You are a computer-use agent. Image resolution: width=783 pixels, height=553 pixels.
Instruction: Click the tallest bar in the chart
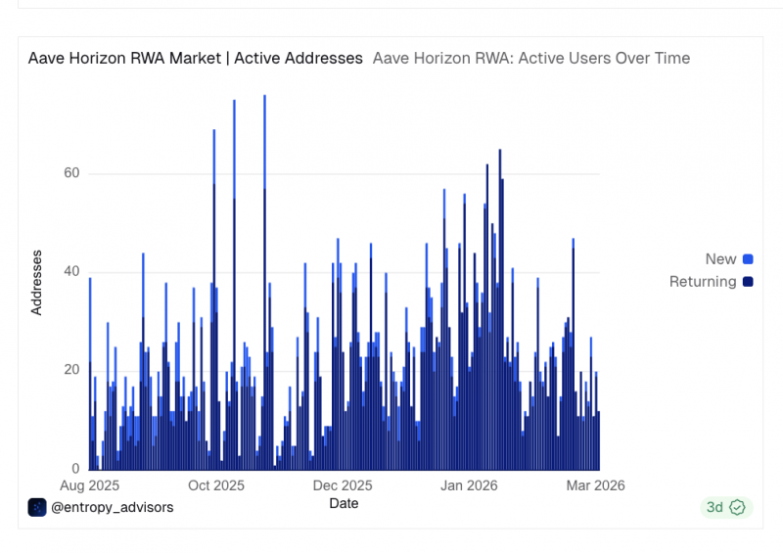pyautogui.click(x=264, y=282)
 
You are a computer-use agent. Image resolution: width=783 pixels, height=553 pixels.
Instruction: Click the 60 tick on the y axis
pyautogui.click(x=71, y=173)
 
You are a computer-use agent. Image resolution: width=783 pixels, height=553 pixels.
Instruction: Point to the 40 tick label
pyautogui.click(x=71, y=271)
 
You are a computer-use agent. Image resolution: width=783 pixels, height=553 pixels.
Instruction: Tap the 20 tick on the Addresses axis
pyautogui.click(x=71, y=370)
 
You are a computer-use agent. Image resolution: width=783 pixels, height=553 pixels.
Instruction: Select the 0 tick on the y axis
pyautogui.click(x=75, y=469)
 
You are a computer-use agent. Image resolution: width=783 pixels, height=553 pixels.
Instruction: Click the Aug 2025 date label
pyautogui.click(x=89, y=485)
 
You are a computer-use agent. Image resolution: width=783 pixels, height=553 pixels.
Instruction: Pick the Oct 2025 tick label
pyautogui.click(x=216, y=485)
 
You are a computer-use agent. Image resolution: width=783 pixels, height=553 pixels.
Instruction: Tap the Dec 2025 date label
pyautogui.click(x=343, y=485)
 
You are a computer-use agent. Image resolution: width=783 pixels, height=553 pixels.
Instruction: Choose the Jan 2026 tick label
pyautogui.click(x=469, y=485)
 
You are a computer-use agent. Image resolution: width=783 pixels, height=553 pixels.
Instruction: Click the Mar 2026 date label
pyautogui.click(x=595, y=485)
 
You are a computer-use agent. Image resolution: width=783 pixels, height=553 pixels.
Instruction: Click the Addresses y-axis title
pyautogui.click(x=36, y=283)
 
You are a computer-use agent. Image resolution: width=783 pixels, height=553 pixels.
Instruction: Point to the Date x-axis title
pyautogui.click(x=344, y=503)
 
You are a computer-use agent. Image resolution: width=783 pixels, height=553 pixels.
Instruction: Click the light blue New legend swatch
pyautogui.click(x=748, y=259)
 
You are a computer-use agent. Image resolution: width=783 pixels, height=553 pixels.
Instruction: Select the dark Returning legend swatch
pyautogui.click(x=748, y=282)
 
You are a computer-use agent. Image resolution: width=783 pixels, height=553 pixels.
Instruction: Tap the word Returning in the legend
pyautogui.click(x=703, y=282)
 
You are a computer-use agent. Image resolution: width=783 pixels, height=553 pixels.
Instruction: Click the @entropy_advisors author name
pyautogui.click(x=113, y=508)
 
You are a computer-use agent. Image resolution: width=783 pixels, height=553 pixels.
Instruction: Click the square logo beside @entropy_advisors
pyautogui.click(x=37, y=508)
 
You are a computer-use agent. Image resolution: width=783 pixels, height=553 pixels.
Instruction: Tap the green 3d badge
pyautogui.click(x=726, y=508)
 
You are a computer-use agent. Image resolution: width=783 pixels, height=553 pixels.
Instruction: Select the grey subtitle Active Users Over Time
pyautogui.click(x=604, y=59)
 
